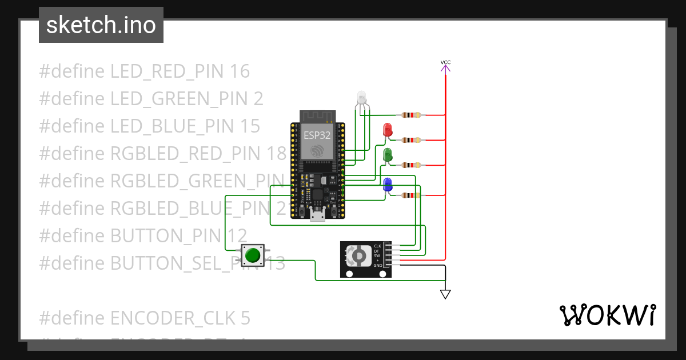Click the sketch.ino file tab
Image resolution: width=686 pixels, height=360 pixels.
101,25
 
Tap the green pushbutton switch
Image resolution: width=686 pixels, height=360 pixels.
253,255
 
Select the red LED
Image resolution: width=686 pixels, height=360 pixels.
388,130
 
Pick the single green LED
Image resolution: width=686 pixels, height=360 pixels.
387,155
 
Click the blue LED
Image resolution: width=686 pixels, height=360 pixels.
387,185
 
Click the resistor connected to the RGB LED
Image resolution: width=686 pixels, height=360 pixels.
412,115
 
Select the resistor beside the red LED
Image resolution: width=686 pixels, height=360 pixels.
412,140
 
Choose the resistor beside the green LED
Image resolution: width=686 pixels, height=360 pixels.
412,165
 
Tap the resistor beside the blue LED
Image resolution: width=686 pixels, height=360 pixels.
412,195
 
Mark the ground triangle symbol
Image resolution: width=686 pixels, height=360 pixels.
445,294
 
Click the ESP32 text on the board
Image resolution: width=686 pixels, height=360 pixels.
316,135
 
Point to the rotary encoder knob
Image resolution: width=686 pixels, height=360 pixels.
358,255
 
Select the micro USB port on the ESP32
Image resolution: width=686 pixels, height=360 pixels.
317,215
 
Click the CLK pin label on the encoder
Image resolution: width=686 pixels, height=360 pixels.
377,246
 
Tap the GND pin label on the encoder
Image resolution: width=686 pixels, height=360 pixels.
377,266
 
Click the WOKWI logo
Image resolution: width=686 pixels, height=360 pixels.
607,315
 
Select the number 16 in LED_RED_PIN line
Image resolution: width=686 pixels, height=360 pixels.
240,71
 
